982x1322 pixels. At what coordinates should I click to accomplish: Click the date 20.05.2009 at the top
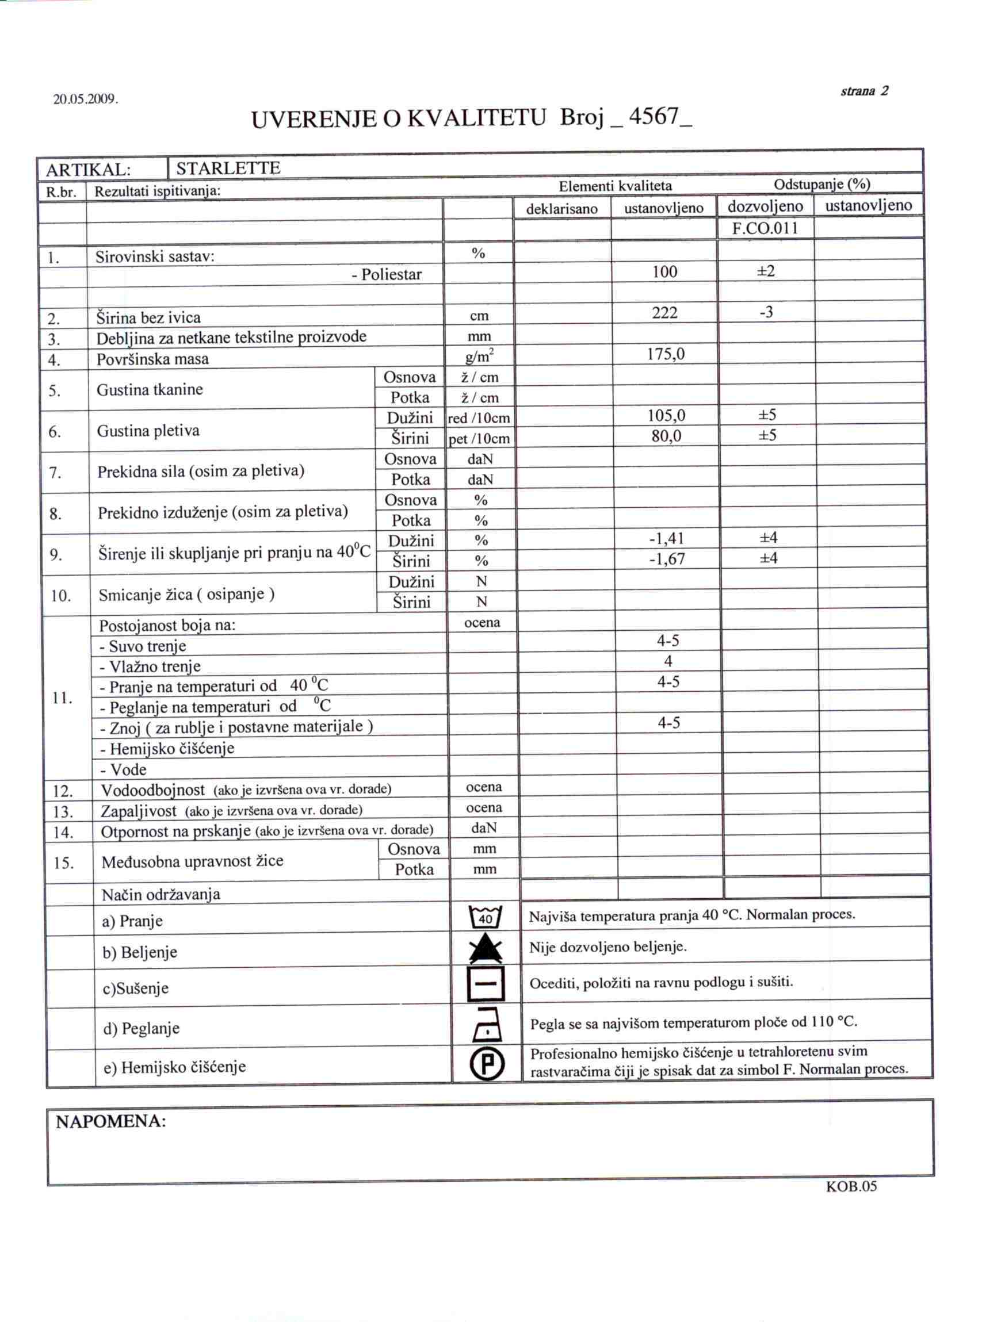(86, 99)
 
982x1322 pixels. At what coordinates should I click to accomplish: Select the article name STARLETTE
(228, 168)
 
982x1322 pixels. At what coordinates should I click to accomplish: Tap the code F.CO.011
(765, 228)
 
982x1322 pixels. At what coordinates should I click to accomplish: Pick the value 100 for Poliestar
(664, 272)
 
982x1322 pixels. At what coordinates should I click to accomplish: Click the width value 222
(664, 313)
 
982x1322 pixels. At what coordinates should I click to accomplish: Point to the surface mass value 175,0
(666, 355)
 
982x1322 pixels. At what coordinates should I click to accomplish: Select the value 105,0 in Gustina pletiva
(666, 416)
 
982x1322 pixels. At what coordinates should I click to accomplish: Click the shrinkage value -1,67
(666, 559)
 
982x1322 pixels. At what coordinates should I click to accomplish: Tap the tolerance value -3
(766, 312)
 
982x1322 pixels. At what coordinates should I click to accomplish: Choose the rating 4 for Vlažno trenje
(668, 661)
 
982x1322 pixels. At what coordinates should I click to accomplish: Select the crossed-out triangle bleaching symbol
(486, 949)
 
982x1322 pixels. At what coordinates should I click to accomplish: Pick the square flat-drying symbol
(486, 984)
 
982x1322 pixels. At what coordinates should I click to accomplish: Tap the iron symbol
(487, 1025)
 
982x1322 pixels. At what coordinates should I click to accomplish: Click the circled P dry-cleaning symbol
(487, 1064)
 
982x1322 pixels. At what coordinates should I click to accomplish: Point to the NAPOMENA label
(110, 1122)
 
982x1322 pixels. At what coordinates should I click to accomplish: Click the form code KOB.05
(851, 1187)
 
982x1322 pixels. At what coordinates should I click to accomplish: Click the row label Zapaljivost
(139, 811)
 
